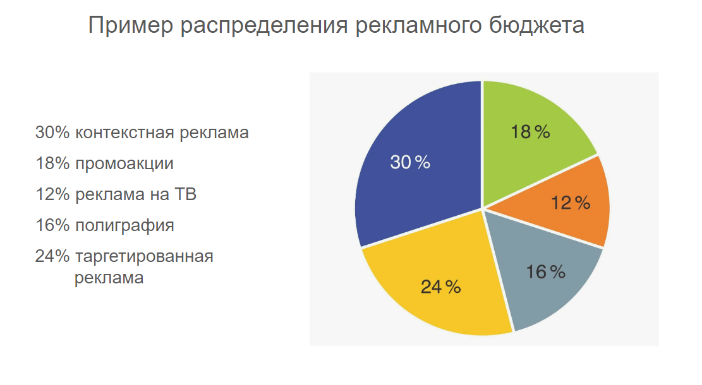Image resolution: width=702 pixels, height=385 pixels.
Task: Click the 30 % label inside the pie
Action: [x=410, y=162]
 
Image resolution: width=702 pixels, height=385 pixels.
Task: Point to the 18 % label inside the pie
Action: [x=530, y=132]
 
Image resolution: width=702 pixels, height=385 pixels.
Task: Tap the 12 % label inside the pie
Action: [x=570, y=203]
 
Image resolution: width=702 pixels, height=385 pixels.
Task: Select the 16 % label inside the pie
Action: [x=545, y=272]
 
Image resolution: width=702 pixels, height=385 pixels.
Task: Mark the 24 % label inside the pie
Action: [x=440, y=287]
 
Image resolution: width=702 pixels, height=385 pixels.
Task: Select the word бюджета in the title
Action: [x=536, y=26]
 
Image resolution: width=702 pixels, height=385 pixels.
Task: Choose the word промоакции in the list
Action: [x=124, y=164]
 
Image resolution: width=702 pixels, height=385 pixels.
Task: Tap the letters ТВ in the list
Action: [x=184, y=194]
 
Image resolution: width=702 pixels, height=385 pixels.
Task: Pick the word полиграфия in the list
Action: [x=124, y=225]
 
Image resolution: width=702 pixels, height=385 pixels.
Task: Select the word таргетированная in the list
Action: [x=143, y=257]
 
